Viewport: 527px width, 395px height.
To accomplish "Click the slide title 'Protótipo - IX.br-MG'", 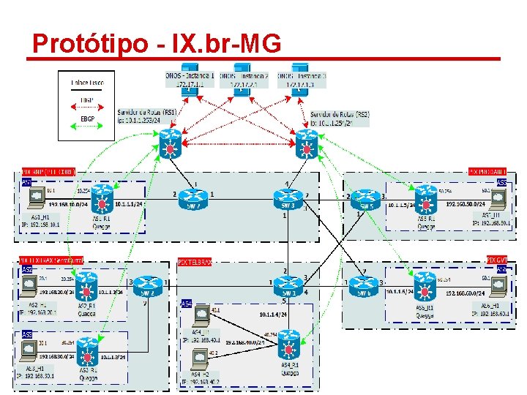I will pyautogui.click(x=157, y=44).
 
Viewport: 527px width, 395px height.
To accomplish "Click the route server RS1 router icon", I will pyautogui.click(x=171, y=145).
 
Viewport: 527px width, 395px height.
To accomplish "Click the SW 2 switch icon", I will pyautogui.click(x=193, y=197).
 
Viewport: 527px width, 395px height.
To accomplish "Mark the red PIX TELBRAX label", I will pyautogui.click(x=194, y=261).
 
